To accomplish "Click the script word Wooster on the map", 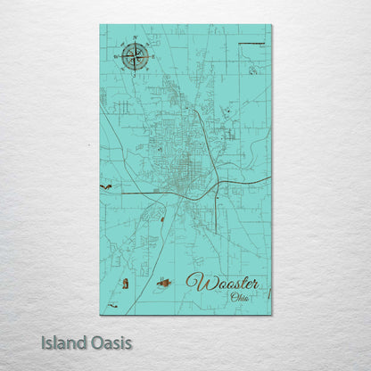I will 223,284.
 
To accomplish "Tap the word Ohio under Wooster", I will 241,298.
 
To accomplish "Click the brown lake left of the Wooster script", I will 163,284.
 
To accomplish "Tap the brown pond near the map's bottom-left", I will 126,284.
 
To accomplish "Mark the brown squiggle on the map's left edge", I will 106,187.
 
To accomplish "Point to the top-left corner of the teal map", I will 100,25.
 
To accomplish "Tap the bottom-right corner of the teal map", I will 271,315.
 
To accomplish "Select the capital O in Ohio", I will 234,298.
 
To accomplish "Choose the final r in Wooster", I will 256,284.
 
